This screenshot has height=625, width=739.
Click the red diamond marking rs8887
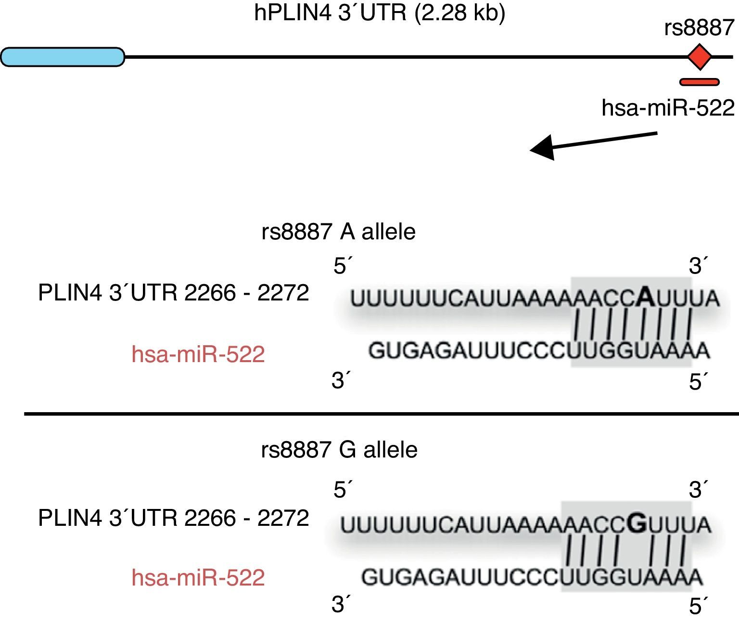pyautogui.click(x=699, y=57)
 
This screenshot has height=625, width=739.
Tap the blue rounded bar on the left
pyautogui.click(x=63, y=57)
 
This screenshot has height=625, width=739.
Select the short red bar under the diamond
pyautogui.click(x=699, y=82)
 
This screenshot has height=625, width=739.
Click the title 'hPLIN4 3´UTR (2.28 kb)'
pyautogui.click(x=380, y=13)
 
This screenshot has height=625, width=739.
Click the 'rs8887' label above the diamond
pyautogui.click(x=699, y=28)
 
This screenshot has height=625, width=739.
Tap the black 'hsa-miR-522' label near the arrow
pyautogui.click(x=668, y=108)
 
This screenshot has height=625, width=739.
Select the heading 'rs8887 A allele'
pyautogui.click(x=338, y=232)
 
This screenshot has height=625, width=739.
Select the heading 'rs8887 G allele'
pyautogui.click(x=339, y=450)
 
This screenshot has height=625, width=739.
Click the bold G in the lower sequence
pyautogui.click(x=637, y=523)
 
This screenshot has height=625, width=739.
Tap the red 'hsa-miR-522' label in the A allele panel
pyautogui.click(x=198, y=354)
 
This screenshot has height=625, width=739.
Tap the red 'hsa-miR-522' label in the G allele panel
pyautogui.click(x=198, y=577)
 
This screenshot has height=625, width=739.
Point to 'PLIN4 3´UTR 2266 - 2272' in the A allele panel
pyautogui.click(x=173, y=292)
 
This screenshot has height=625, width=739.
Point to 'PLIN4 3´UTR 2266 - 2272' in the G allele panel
pyautogui.click(x=173, y=518)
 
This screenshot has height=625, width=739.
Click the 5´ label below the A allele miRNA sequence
pyautogui.click(x=697, y=382)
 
